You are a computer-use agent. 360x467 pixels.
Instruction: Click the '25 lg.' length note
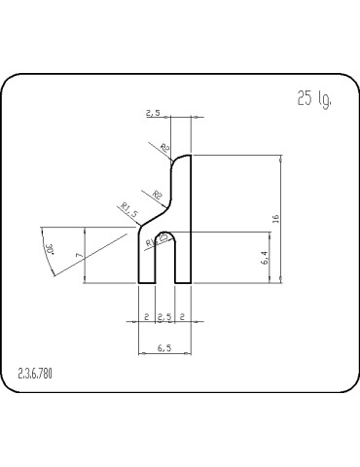(x=312, y=99)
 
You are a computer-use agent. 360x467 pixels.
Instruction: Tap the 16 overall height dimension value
(x=276, y=219)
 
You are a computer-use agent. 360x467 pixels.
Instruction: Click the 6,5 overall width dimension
(x=164, y=347)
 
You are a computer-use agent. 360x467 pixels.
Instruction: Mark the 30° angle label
(x=49, y=251)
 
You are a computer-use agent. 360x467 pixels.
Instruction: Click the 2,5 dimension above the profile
(x=153, y=114)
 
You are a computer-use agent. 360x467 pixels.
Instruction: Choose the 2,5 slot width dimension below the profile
(x=164, y=318)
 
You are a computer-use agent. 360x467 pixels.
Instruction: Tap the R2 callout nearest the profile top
(x=164, y=148)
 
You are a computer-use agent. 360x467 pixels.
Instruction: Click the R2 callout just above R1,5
(x=157, y=196)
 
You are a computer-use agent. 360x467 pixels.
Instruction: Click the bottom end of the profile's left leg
(x=148, y=282)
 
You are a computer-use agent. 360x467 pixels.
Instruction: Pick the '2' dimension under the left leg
(x=146, y=318)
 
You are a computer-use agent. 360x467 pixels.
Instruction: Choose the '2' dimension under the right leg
(x=183, y=318)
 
